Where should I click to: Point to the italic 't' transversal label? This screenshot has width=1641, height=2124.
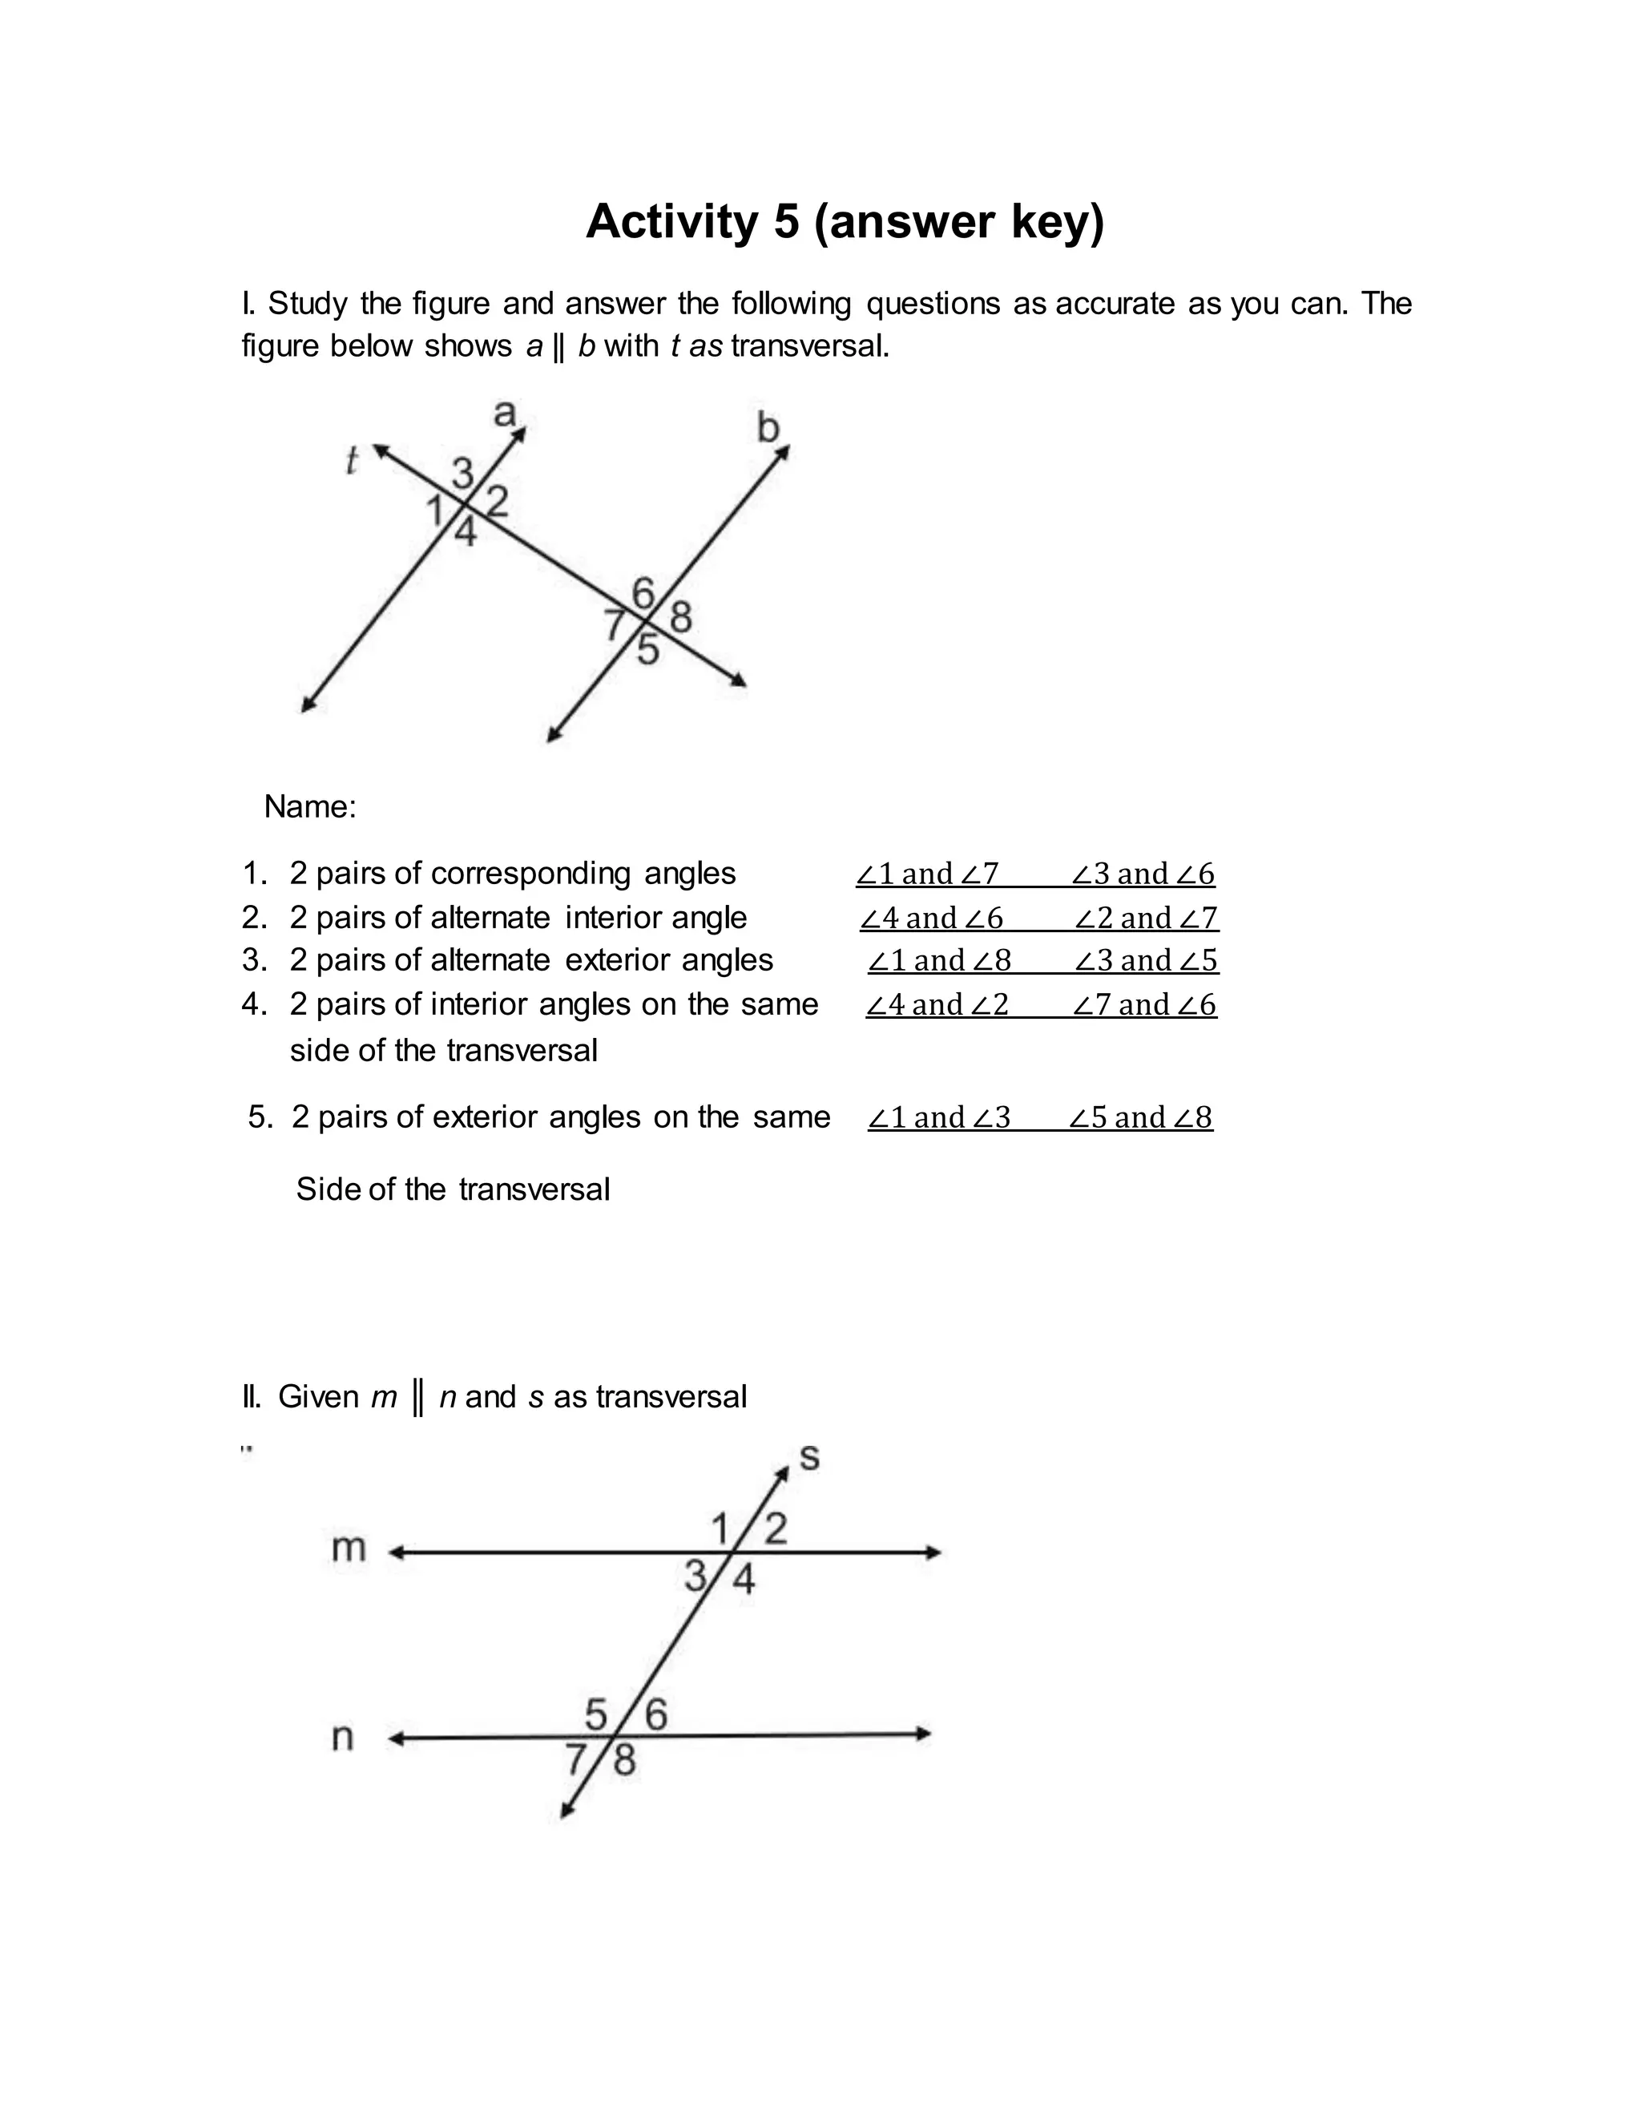tap(352, 460)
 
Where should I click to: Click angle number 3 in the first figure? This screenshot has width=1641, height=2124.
tap(463, 474)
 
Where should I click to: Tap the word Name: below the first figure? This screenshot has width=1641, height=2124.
tap(310, 806)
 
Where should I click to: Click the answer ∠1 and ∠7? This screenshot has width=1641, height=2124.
tap(927, 874)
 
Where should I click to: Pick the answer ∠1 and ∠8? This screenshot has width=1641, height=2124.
tap(939, 960)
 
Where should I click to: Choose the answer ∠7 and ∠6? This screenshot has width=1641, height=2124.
tap(1144, 1003)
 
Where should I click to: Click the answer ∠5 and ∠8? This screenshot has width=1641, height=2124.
tap(1140, 1117)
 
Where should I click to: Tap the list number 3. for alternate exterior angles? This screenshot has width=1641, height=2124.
tap(255, 960)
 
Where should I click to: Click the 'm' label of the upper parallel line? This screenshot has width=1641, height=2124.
tap(348, 1547)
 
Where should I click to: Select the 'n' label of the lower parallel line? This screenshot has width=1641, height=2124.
tap(342, 1736)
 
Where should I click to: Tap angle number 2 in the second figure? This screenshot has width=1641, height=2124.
tap(775, 1528)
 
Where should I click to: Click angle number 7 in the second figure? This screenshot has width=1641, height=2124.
tap(575, 1759)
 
